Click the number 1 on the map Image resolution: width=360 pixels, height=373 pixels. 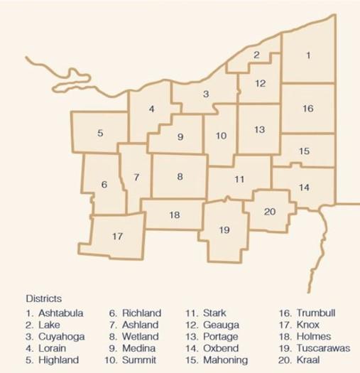[x=308, y=55]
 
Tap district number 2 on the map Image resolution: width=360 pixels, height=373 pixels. [x=257, y=55]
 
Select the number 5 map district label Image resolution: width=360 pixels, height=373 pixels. [x=100, y=133]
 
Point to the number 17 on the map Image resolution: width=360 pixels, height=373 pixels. [x=119, y=235]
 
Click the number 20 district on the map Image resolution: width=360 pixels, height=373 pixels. [x=269, y=211]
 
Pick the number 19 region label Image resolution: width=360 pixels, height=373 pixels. [x=224, y=229]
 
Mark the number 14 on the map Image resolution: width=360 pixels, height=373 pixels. [x=304, y=188]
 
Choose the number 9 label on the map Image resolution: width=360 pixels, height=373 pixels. [x=180, y=137]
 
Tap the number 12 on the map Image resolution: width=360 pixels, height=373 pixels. [x=260, y=84]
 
